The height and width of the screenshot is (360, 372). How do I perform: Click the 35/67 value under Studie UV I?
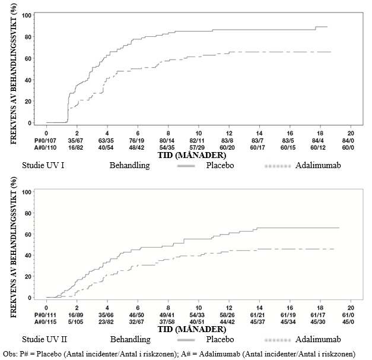click(76, 141)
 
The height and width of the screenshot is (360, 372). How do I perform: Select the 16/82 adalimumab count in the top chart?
click(76, 148)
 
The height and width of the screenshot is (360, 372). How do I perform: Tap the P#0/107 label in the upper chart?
click(45, 141)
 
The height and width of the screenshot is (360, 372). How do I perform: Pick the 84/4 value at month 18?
click(318, 141)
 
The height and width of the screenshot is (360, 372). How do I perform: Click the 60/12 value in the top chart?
click(318, 148)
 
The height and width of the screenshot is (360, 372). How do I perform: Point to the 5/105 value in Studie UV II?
click(76, 322)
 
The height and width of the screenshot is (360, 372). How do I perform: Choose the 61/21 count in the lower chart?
click(257, 315)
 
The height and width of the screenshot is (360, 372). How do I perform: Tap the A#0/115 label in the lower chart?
click(45, 322)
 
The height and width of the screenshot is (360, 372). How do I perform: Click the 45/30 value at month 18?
click(318, 322)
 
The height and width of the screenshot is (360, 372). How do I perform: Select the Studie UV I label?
click(43, 165)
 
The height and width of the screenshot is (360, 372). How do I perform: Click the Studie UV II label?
click(44, 339)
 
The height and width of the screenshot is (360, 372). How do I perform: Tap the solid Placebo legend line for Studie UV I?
click(186, 166)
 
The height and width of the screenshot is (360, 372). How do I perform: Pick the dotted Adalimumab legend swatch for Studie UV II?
click(278, 340)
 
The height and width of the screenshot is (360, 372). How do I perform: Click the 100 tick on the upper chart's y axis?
click(27, 15)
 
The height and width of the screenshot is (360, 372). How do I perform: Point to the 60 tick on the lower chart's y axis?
click(28, 234)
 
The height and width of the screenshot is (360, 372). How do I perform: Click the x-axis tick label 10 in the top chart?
click(199, 133)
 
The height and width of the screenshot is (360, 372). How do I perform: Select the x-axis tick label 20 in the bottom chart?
click(351, 308)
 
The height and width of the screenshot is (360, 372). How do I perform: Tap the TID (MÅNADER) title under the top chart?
click(192, 156)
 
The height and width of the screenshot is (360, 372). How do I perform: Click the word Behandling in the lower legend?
click(131, 339)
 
